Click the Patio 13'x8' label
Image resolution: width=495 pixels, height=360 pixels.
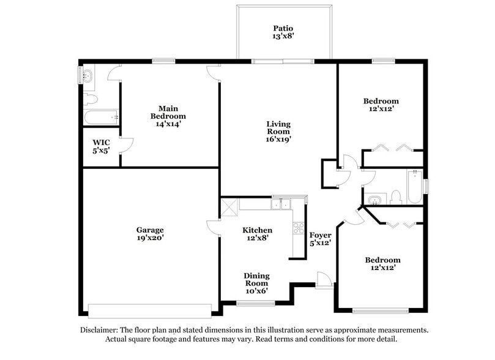(283, 32)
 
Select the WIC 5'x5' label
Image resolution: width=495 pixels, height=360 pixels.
(101, 146)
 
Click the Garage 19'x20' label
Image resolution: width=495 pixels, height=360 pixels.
(150, 234)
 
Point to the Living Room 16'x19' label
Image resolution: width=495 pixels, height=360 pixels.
(278, 132)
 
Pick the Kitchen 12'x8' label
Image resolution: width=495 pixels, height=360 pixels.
(257, 234)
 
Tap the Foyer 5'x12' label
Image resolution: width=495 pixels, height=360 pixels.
(321, 239)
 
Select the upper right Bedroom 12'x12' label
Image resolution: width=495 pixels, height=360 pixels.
(381, 105)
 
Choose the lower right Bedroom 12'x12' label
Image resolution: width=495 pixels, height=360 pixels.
(383, 263)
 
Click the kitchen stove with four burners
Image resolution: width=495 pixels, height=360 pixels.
(299, 228)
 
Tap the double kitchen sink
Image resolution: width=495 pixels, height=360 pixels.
(281, 203)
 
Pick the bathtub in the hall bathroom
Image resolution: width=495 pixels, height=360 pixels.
(414, 187)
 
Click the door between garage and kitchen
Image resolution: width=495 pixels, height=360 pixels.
(214, 227)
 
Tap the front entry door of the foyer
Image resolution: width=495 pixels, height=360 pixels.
(324, 280)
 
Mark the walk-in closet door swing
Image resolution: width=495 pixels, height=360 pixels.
(126, 144)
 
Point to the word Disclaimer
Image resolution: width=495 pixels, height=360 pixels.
(99, 329)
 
